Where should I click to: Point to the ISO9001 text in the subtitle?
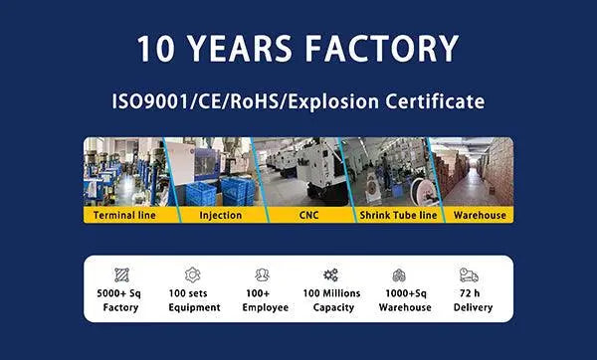(x=150, y=101)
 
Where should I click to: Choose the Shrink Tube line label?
(x=384, y=215)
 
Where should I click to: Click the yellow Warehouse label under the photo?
(x=471, y=215)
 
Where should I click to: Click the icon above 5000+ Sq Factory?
(x=122, y=274)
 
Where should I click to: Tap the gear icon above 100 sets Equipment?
(x=192, y=274)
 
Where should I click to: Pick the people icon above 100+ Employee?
(x=262, y=274)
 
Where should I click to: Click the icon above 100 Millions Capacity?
(x=331, y=274)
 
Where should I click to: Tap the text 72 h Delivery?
(x=471, y=300)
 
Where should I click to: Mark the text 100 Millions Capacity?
(x=331, y=300)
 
